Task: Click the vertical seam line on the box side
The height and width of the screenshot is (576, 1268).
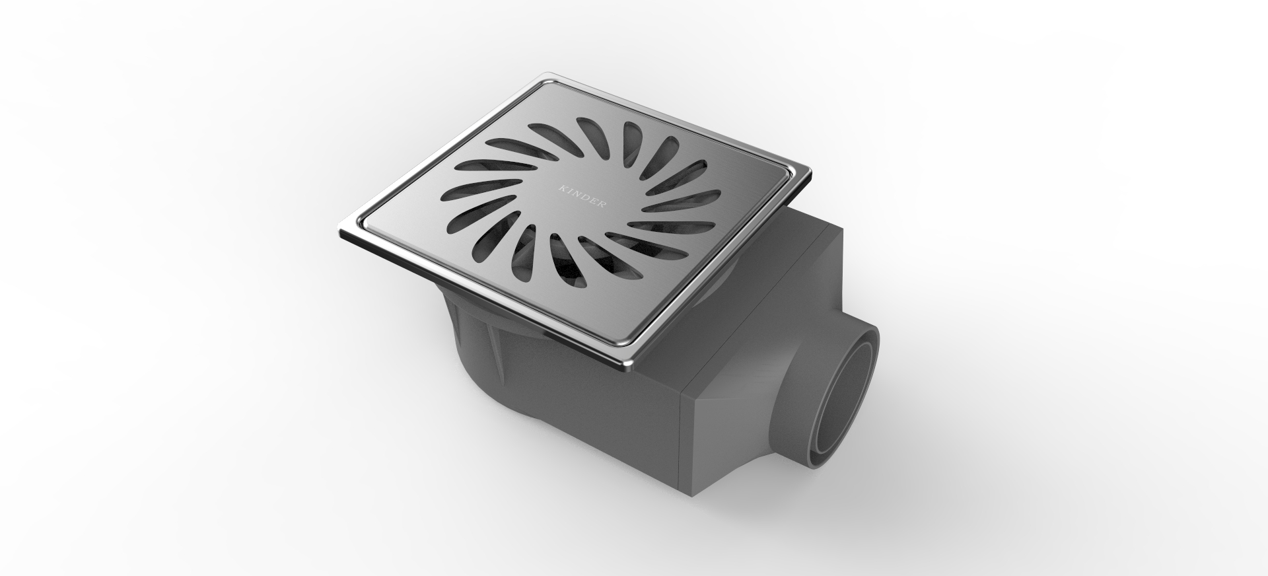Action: pos(687,436)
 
